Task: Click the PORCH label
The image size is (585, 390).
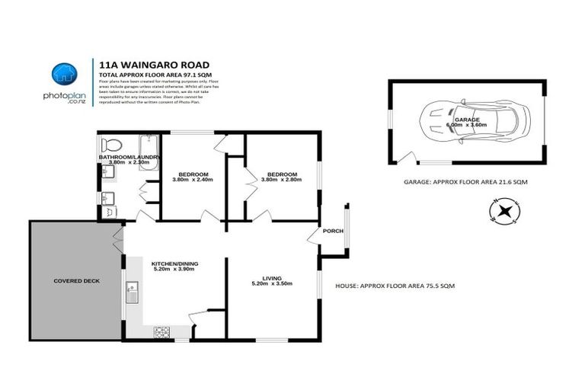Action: point(333,232)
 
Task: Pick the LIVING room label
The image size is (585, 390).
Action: point(272,277)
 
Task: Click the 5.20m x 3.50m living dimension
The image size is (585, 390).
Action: point(272,284)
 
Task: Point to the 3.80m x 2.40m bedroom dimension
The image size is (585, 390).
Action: point(193,180)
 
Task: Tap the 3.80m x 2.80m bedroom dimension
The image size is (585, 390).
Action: point(281,180)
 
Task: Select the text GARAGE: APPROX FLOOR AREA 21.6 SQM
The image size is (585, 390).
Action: point(465,183)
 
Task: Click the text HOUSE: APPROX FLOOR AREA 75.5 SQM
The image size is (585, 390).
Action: point(395,286)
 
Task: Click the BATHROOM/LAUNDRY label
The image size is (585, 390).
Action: point(129,157)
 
